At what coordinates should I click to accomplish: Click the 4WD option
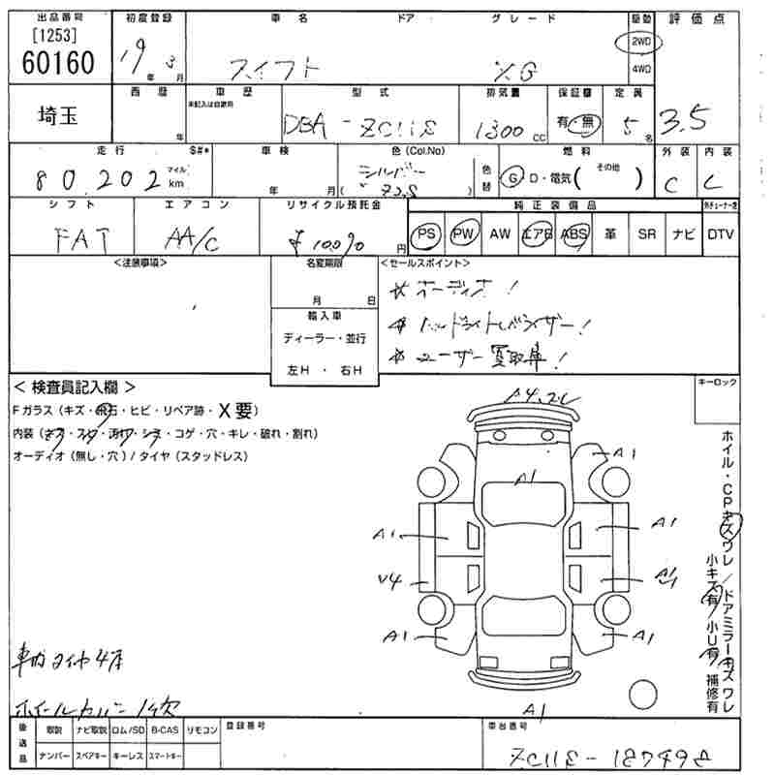[x=640, y=70]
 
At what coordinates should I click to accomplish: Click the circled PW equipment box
[x=464, y=233]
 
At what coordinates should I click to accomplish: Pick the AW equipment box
[x=500, y=233]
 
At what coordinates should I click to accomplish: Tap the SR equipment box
[x=647, y=233]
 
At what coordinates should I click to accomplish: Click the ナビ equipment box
[x=683, y=233]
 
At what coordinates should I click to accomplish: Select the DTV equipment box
[x=720, y=233]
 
